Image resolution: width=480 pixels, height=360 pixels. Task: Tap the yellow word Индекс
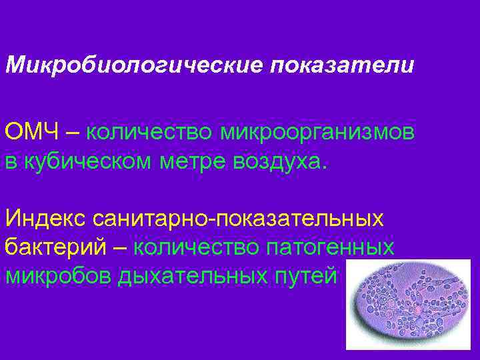coord(46,218)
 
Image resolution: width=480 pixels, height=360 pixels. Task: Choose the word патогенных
coord(331,247)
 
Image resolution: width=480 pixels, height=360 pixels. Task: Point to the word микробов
coord(58,275)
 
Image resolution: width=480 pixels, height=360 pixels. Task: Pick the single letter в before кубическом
coord(11,162)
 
